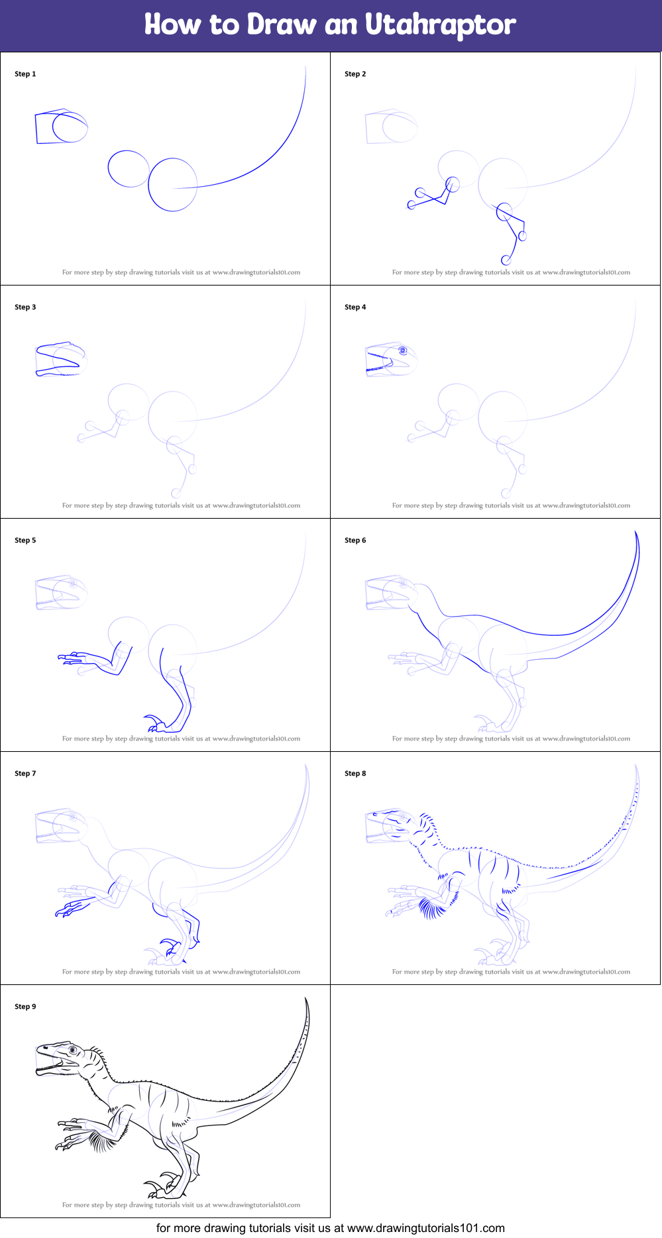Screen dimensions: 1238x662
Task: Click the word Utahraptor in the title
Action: pyautogui.click(x=440, y=25)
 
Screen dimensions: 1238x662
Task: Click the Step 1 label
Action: pyautogui.click(x=25, y=74)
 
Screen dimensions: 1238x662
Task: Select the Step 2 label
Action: pyautogui.click(x=355, y=74)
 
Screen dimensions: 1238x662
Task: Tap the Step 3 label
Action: pyautogui.click(x=25, y=307)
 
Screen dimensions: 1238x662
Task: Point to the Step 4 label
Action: pyautogui.click(x=355, y=307)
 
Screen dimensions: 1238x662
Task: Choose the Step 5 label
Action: pyautogui.click(x=25, y=541)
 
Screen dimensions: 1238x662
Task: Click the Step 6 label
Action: pyautogui.click(x=355, y=541)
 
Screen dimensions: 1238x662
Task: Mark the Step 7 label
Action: pyautogui.click(x=25, y=774)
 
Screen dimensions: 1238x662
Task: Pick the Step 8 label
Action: pyautogui.click(x=355, y=774)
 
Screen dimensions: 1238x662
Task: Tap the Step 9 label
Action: pyautogui.click(x=25, y=1007)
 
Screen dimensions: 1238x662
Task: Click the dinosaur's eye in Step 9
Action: pyautogui.click(x=72, y=1051)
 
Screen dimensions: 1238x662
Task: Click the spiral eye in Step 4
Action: pyautogui.click(x=402, y=350)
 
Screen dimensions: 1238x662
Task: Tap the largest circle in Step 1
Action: pyautogui.click(x=173, y=185)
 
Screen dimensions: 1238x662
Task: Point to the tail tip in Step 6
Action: pyautogui.click(x=636, y=534)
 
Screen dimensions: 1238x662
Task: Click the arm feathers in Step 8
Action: pyautogui.click(x=432, y=907)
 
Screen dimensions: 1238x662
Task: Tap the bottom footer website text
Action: pyautogui.click(x=330, y=1228)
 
